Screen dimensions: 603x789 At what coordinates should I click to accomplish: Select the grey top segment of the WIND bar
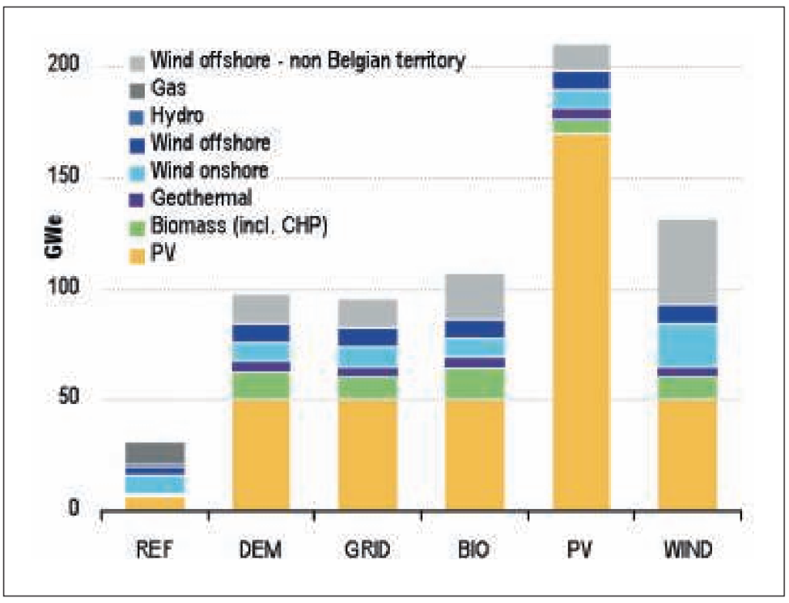[x=687, y=262]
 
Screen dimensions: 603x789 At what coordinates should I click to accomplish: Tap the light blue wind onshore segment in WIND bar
[x=687, y=345]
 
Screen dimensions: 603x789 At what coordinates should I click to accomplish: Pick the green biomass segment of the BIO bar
[x=475, y=383]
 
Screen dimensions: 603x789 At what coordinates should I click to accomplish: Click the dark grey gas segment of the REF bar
[x=156, y=453]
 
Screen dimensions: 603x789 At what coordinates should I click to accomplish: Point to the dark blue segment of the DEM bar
[x=262, y=332]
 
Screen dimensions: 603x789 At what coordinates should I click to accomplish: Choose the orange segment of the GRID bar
[x=368, y=454]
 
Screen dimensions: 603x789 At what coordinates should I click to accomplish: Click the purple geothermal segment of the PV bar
[x=582, y=114]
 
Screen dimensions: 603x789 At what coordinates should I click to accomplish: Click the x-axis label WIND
[x=687, y=551]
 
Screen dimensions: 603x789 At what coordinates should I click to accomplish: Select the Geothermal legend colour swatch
[x=138, y=199]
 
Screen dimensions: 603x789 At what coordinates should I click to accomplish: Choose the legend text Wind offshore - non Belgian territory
[x=307, y=60]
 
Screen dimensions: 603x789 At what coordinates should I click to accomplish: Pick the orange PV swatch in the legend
[x=138, y=252]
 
